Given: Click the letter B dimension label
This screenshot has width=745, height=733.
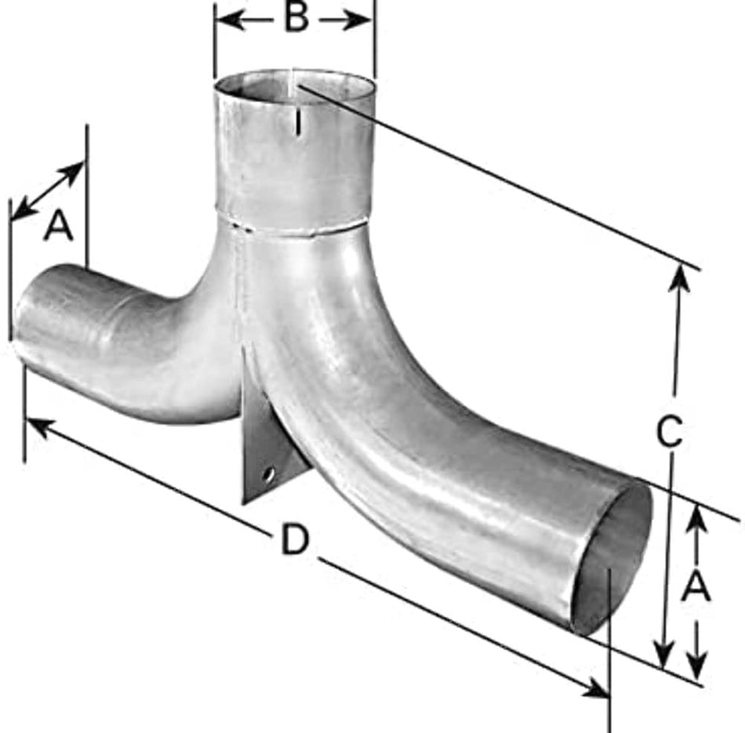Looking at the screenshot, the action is click(296, 19).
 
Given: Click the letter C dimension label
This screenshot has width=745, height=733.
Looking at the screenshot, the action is click(670, 431).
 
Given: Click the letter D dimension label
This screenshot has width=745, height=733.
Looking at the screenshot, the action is click(295, 539).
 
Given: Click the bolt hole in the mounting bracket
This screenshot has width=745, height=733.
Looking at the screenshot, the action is click(268, 474).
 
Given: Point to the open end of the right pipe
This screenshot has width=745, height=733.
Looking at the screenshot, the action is click(612, 557).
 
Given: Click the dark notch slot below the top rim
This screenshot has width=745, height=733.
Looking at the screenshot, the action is click(298, 123).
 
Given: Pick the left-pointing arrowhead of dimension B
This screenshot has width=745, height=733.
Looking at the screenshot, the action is click(231, 20).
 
